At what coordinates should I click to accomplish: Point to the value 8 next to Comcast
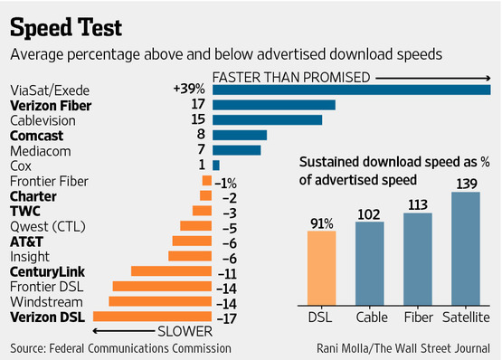click(x=200, y=135)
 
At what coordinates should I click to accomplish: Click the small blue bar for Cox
click(x=216, y=166)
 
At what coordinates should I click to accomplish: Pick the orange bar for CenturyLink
click(x=171, y=270)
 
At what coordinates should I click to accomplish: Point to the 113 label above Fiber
click(x=417, y=204)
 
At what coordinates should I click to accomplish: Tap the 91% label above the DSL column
click(x=321, y=223)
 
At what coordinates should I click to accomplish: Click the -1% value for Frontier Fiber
click(x=225, y=181)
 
